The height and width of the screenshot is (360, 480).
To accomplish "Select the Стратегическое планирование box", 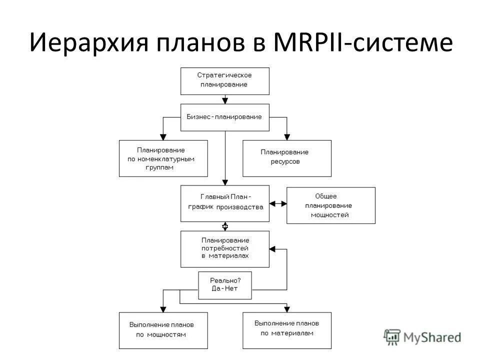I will [x=224, y=80].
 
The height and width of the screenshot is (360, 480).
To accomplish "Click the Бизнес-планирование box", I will [x=224, y=117].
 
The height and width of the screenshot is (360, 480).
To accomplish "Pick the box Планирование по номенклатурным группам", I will [x=163, y=158].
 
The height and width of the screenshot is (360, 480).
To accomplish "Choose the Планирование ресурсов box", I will [x=286, y=158].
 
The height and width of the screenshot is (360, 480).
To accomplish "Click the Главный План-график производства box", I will [x=224, y=203].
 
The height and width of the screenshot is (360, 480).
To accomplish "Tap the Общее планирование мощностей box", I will [x=330, y=205].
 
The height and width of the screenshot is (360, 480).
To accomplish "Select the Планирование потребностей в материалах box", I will [x=224, y=248].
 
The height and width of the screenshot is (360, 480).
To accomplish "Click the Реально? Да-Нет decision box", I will [x=224, y=285].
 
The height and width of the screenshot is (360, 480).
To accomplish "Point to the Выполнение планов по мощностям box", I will [x=163, y=330].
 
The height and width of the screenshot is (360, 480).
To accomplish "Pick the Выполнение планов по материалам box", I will [x=286, y=330].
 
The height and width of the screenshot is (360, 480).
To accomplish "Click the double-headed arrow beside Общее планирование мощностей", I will [x=278, y=203].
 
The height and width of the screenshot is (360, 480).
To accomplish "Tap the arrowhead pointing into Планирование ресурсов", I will [x=286, y=136].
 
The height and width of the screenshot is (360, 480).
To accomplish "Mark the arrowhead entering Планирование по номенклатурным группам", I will [x=163, y=136].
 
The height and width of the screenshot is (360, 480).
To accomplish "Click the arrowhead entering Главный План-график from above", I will [x=225, y=182].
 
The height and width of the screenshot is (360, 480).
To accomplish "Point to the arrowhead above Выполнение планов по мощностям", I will [x=163, y=309].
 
